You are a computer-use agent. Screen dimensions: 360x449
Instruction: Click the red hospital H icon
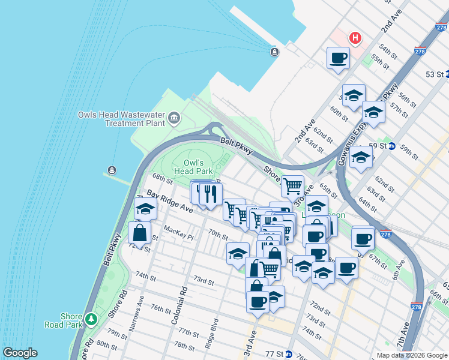(355, 38)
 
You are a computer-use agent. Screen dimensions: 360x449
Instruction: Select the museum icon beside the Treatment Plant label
(175, 116)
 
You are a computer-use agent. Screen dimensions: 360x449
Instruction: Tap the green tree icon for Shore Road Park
(91, 318)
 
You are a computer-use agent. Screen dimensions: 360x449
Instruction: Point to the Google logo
(20, 353)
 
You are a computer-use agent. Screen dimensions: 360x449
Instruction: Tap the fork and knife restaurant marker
(210, 193)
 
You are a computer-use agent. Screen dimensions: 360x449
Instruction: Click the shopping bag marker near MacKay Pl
(139, 232)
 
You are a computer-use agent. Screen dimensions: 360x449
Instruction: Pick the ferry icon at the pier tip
(274, 52)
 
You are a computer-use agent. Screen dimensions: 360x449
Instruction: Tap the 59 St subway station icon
(391, 146)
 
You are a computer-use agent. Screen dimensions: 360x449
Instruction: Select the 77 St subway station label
(277, 354)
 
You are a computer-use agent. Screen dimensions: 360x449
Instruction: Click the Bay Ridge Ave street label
(170, 202)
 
